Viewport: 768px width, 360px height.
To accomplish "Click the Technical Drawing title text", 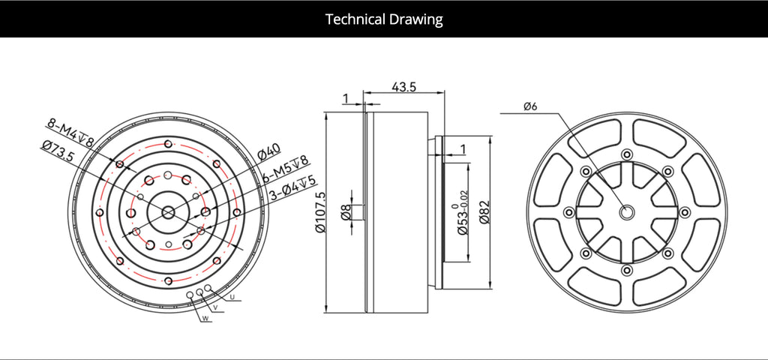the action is [384, 19].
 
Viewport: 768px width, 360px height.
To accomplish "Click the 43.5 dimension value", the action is [403, 87].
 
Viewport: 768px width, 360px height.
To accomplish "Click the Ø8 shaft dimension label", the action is [346, 212].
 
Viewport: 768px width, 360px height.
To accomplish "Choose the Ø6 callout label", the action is [531, 106].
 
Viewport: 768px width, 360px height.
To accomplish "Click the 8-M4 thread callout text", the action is [70, 132].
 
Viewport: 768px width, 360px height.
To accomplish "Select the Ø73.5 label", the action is [57, 151].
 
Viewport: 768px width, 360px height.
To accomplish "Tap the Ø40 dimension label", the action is [268, 153].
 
